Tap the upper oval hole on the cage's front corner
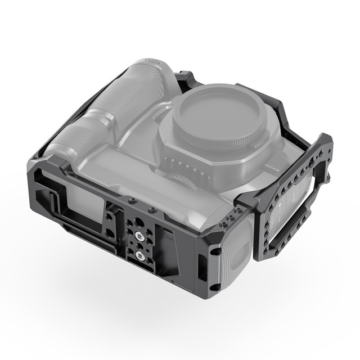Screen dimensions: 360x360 [214, 251]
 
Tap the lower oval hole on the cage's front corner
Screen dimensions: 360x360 [213, 286]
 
